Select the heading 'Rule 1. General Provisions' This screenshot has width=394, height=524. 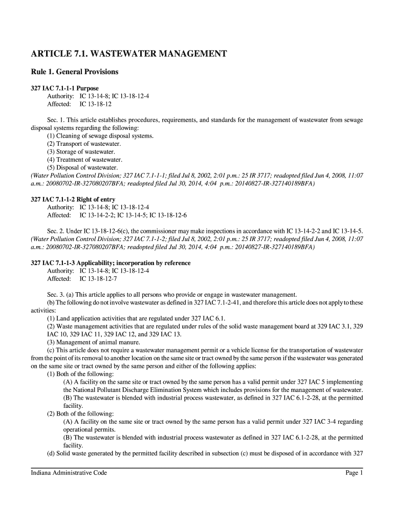tap(75, 72)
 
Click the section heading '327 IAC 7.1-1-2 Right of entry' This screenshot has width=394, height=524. tap(73, 199)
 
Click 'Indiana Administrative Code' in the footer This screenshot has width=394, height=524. tap(69, 473)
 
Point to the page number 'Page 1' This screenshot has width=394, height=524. tap(354, 473)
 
